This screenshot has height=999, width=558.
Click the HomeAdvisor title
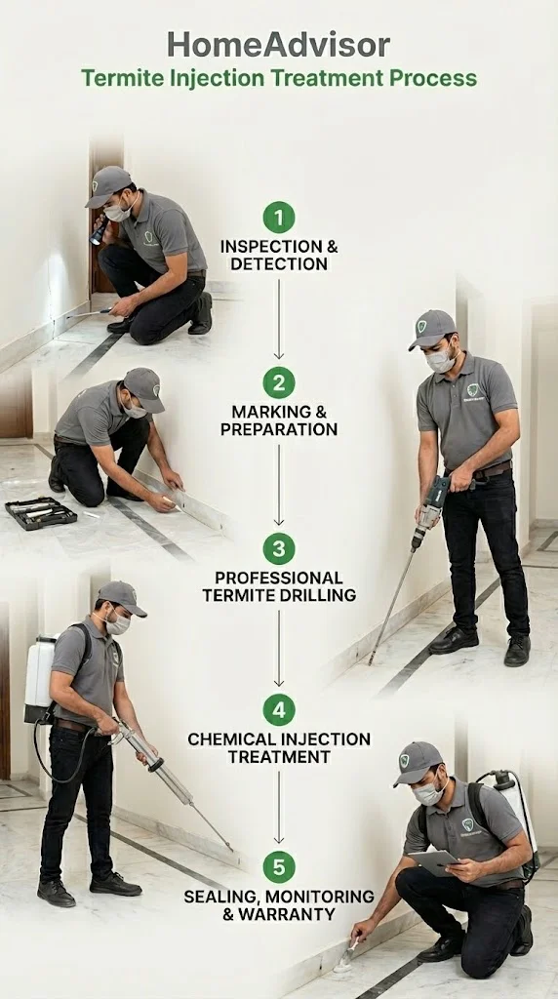point(278,45)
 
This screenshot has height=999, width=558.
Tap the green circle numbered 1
point(279,218)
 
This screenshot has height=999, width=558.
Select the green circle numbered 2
point(279,382)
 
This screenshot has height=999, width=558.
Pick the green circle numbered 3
point(279,548)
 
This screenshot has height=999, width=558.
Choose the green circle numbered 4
point(279,710)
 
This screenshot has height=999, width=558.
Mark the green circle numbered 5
point(279,867)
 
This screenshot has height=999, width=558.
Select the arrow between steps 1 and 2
point(278,319)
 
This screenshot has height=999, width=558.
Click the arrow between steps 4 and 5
point(278,807)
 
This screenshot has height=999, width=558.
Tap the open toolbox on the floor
point(41,513)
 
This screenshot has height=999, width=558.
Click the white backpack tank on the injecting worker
point(40,679)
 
